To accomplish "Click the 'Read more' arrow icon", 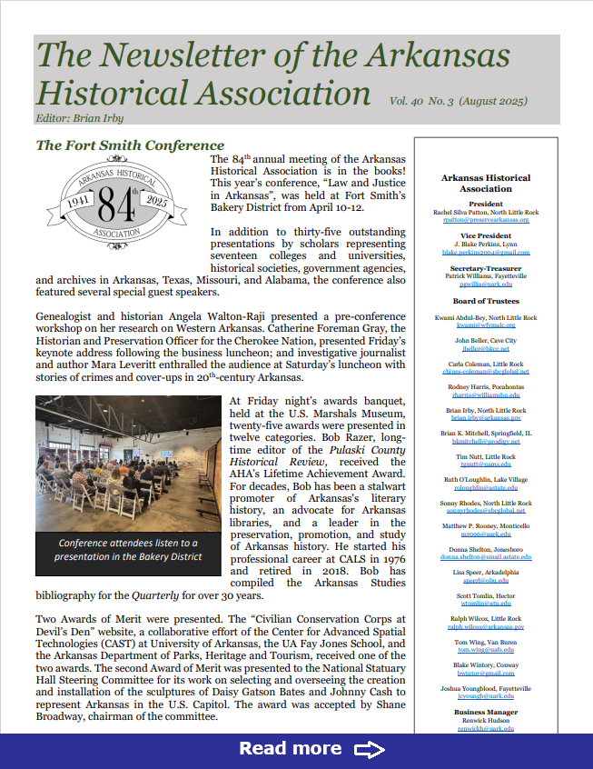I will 370,749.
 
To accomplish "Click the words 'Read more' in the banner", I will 290,749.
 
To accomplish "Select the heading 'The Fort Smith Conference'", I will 129,145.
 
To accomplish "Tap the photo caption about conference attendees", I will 127,550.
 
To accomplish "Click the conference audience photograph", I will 127,463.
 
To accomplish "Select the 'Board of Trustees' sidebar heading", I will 486,301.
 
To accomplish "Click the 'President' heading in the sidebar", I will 486,205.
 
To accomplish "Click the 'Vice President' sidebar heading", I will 486,235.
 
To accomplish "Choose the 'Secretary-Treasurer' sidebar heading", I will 486,267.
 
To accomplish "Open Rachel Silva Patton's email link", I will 486,219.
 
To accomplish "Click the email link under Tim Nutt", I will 486,464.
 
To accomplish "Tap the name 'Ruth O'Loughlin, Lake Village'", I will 486,478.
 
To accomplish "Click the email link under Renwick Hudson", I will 486,728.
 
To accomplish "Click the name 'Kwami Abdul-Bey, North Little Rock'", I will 486,317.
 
